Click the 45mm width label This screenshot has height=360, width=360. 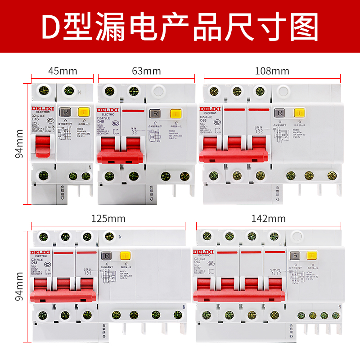(x=63, y=71)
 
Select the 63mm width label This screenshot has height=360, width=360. (x=147, y=71)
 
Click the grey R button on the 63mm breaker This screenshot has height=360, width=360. (x=155, y=113)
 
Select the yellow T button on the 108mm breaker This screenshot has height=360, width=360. (x=298, y=113)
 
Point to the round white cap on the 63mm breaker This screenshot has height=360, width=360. (x=157, y=91)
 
